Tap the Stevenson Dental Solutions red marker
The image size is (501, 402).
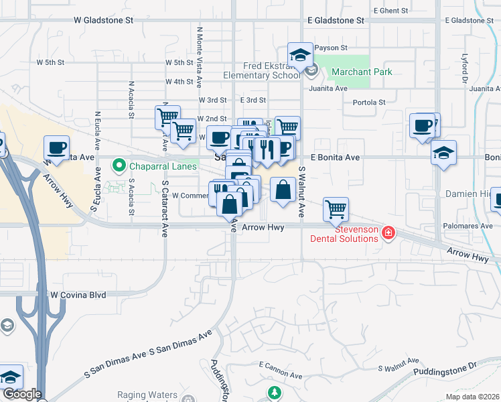[388, 233]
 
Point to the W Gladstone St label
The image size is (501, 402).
[104, 21]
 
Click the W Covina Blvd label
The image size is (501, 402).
[78, 294]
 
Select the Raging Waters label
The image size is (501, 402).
[146, 395]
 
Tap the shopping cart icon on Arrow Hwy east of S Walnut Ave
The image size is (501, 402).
[336, 208]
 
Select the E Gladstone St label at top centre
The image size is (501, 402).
[336, 21]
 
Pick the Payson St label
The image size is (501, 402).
[332, 48]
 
